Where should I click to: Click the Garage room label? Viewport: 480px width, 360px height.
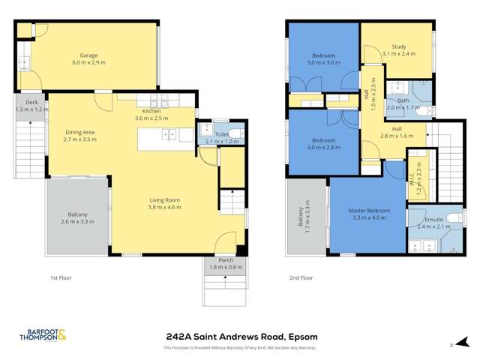(89, 55)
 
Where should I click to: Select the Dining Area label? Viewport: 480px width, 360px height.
(79, 132)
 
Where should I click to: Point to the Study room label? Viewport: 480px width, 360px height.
(398, 46)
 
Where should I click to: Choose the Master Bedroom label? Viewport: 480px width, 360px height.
(369, 211)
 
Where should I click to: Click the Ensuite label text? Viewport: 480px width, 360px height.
(433, 218)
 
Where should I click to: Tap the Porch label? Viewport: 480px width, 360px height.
(225, 259)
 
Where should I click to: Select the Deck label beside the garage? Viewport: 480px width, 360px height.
(31, 102)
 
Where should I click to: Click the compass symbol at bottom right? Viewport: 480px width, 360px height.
(451, 346)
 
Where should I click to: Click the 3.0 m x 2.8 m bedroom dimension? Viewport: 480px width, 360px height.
(323, 148)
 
